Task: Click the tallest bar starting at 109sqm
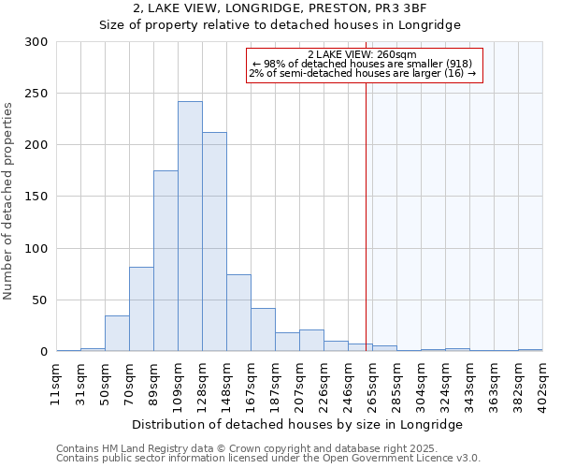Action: pyautogui.click(x=190, y=227)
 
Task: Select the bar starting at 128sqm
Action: pyautogui.click(x=214, y=241)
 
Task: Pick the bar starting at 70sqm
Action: pyautogui.click(x=141, y=309)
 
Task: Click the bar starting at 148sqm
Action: pyautogui.click(x=238, y=313)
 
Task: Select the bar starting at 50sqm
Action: pyautogui.click(x=117, y=333)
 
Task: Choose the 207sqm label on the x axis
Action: pyautogui.click(x=300, y=381)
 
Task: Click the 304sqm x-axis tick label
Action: pyautogui.click(x=422, y=381)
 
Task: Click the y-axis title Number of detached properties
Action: pyautogui.click(x=9, y=201)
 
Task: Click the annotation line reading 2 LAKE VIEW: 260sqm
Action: pyautogui.click(x=364, y=54)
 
